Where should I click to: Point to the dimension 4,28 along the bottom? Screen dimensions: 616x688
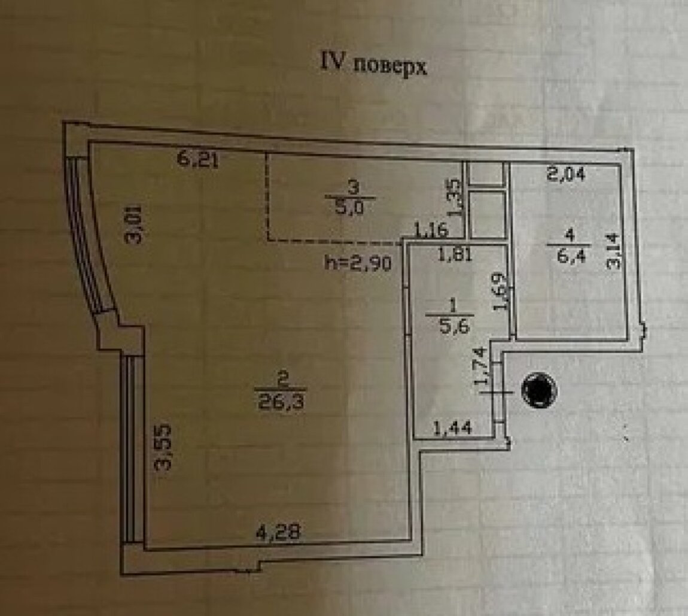point(275,532)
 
